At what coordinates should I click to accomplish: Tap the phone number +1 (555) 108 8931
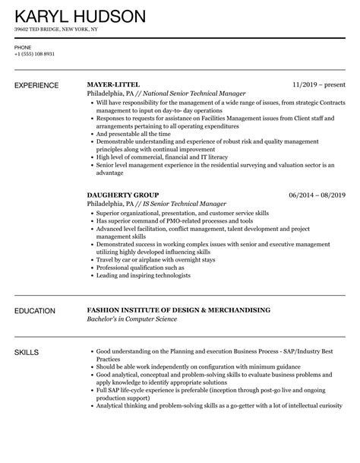coord(34,53)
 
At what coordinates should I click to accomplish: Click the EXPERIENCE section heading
coord(39,84)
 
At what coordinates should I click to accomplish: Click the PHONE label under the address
coord(22,46)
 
